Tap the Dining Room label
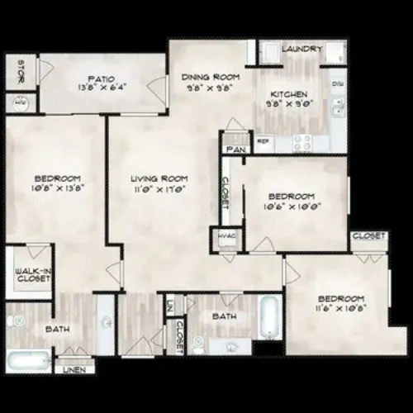pyautogui.click(x=205, y=78)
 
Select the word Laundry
pyautogui.click(x=301, y=50)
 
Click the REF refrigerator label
pyautogui.click(x=264, y=141)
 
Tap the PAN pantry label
pyautogui.click(x=235, y=149)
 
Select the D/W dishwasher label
pyautogui.click(x=336, y=85)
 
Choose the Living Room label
pyautogui.click(x=159, y=178)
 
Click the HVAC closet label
pyautogui.click(x=227, y=235)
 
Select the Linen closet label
pyautogui.click(x=73, y=369)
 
